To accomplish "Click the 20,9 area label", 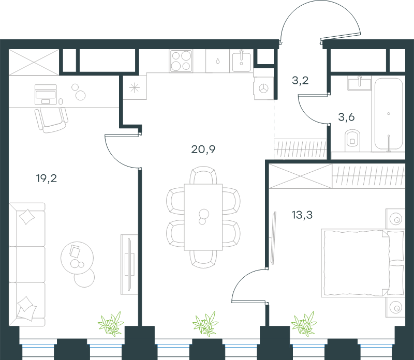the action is (x=203, y=149).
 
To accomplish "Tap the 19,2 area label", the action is (x=47, y=178).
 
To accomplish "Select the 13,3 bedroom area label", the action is (x=302, y=215).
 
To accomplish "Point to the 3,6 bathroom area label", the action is (x=346, y=117).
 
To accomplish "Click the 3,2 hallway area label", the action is (x=300, y=80).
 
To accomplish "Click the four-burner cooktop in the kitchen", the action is (x=181, y=61).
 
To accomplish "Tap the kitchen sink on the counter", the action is (x=241, y=61).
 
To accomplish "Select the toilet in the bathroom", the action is (x=352, y=140).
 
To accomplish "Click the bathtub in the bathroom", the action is (x=389, y=115).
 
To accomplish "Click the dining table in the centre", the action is (x=203, y=217).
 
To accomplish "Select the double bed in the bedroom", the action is (x=363, y=263).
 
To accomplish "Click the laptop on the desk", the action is (x=46, y=95).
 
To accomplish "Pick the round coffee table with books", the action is (x=77, y=258).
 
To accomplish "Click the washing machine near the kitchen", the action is (x=263, y=88).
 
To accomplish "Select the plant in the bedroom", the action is (x=304, y=324).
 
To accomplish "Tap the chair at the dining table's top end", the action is (x=203, y=175).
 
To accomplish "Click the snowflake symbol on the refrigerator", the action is (x=135, y=87).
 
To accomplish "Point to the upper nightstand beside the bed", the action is (x=395, y=219).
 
